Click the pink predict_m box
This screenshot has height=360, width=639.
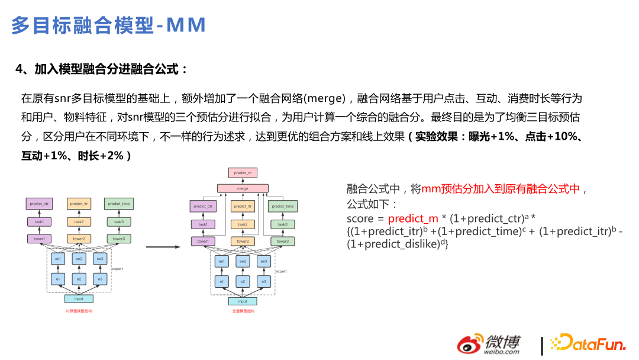point(243,173)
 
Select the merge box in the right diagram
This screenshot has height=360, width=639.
point(243,188)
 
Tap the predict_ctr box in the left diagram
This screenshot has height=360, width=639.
point(39,204)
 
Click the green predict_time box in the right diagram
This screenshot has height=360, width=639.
point(282,207)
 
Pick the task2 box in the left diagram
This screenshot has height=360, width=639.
point(79,221)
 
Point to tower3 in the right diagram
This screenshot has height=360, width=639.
point(282,241)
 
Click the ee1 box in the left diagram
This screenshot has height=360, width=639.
point(58,259)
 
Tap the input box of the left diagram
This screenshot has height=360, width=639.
point(79,298)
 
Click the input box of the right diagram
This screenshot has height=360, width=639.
point(243,301)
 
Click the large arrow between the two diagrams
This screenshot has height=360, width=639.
point(163,247)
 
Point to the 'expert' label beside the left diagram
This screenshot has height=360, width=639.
point(117,269)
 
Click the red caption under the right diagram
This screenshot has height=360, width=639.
point(243,311)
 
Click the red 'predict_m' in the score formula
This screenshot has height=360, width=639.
point(413,218)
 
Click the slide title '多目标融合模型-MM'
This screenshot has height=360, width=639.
point(109,25)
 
